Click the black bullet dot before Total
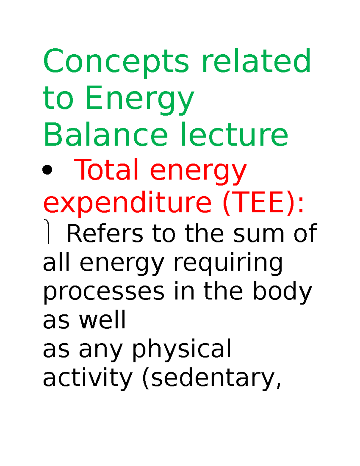pos(47,170)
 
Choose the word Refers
pos(105,233)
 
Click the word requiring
pos(228,263)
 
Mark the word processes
pos(104,292)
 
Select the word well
pos(102,320)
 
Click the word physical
pos(182,349)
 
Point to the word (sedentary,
pos(212,378)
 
